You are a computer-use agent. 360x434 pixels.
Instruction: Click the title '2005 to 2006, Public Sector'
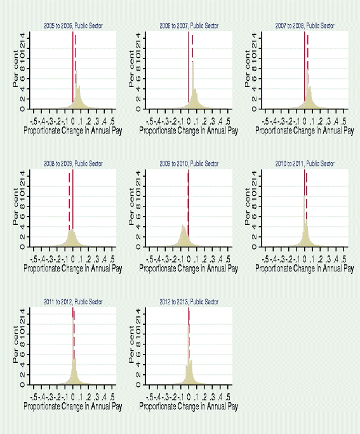(x=72, y=25)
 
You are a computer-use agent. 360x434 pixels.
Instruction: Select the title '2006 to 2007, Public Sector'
(x=189, y=25)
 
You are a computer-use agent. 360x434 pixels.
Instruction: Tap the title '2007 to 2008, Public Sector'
(x=305, y=25)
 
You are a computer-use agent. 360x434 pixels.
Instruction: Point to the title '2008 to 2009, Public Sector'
(x=72, y=163)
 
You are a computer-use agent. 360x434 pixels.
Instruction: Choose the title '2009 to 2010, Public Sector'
(x=189, y=163)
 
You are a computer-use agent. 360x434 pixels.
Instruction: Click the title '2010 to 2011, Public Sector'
(x=305, y=163)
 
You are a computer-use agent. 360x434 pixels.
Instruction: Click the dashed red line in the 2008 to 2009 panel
(x=69, y=203)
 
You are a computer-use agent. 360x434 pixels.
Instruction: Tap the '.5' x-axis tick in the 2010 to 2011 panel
(x=345, y=259)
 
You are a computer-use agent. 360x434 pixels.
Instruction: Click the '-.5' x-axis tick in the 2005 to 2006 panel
(x=34, y=121)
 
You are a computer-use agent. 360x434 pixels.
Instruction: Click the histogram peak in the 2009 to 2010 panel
(x=183, y=226)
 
